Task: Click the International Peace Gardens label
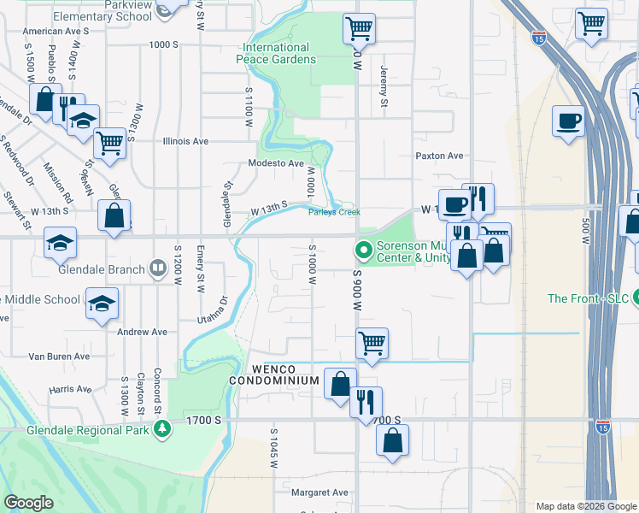pyautogui.click(x=279, y=53)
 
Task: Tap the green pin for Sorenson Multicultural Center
pyautogui.click(x=363, y=251)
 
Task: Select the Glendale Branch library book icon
pyautogui.click(x=157, y=269)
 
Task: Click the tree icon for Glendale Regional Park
pyautogui.click(x=159, y=430)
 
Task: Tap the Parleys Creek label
pyautogui.click(x=334, y=212)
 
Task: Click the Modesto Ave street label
pyautogui.click(x=276, y=163)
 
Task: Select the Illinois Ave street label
pyautogui.click(x=185, y=141)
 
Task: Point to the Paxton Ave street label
pyautogui.click(x=439, y=156)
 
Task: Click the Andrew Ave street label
pyautogui.click(x=142, y=332)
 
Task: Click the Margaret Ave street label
pyautogui.click(x=319, y=492)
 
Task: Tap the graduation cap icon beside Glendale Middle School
pyautogui.click(x=102, y=303)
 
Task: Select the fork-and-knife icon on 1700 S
pyautogui.click(x=366, y=402)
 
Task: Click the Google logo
pyautogui.click(x=29, y=503)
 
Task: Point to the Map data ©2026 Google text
pyautogui.click(x=585, y=506)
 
